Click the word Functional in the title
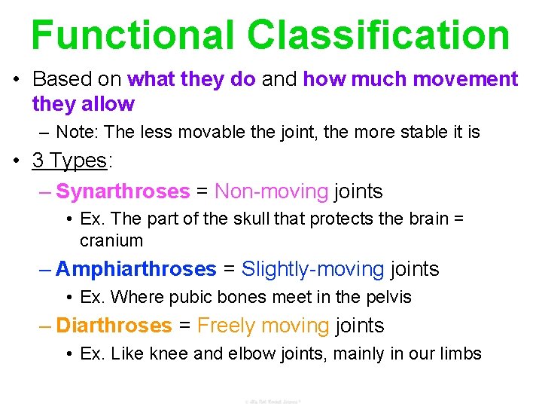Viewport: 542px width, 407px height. point(132,35)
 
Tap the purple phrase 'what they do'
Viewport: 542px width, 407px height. point(192,79)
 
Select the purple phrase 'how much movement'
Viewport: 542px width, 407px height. point(410,79)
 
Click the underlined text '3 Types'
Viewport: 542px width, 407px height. point(69,161)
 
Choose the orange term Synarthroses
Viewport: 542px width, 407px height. point(123,191)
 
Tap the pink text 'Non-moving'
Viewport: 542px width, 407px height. point(272,191)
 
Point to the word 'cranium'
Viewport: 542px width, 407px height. point(111,240)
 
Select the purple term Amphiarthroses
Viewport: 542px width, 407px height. point(135,269)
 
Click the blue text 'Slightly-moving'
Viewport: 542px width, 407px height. point(312,269)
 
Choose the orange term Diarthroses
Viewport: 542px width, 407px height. point(114,326)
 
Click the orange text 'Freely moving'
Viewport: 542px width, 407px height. point(263,326)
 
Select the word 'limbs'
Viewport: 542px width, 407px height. point(460,353)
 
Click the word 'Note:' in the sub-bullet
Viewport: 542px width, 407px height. point(78,133)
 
